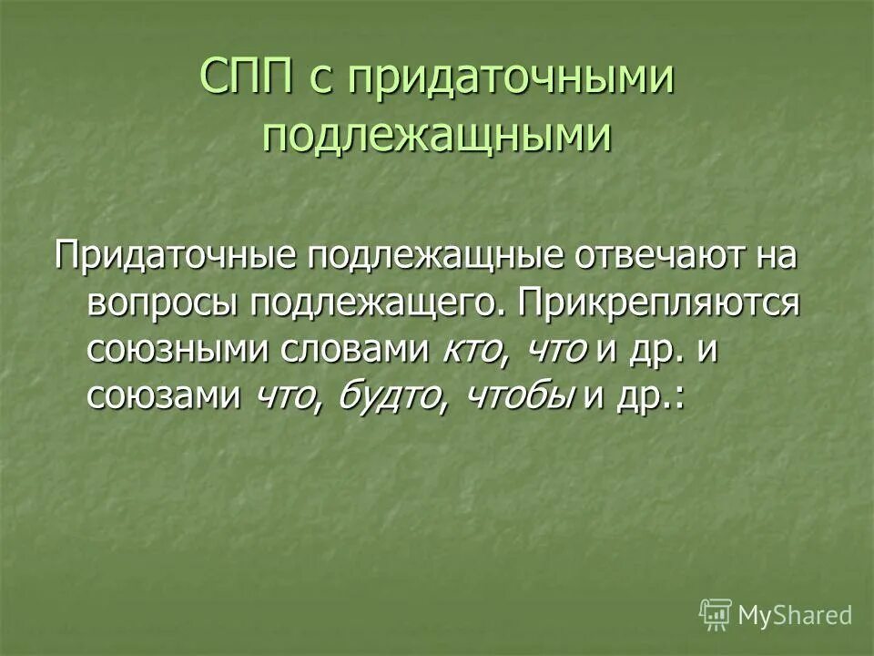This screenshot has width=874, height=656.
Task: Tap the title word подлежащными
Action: pos(436,136)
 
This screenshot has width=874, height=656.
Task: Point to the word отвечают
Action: pos(656,256)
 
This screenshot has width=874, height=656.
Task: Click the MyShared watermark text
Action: pos(796,615)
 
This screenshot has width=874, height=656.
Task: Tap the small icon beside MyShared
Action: pos(716,615)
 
